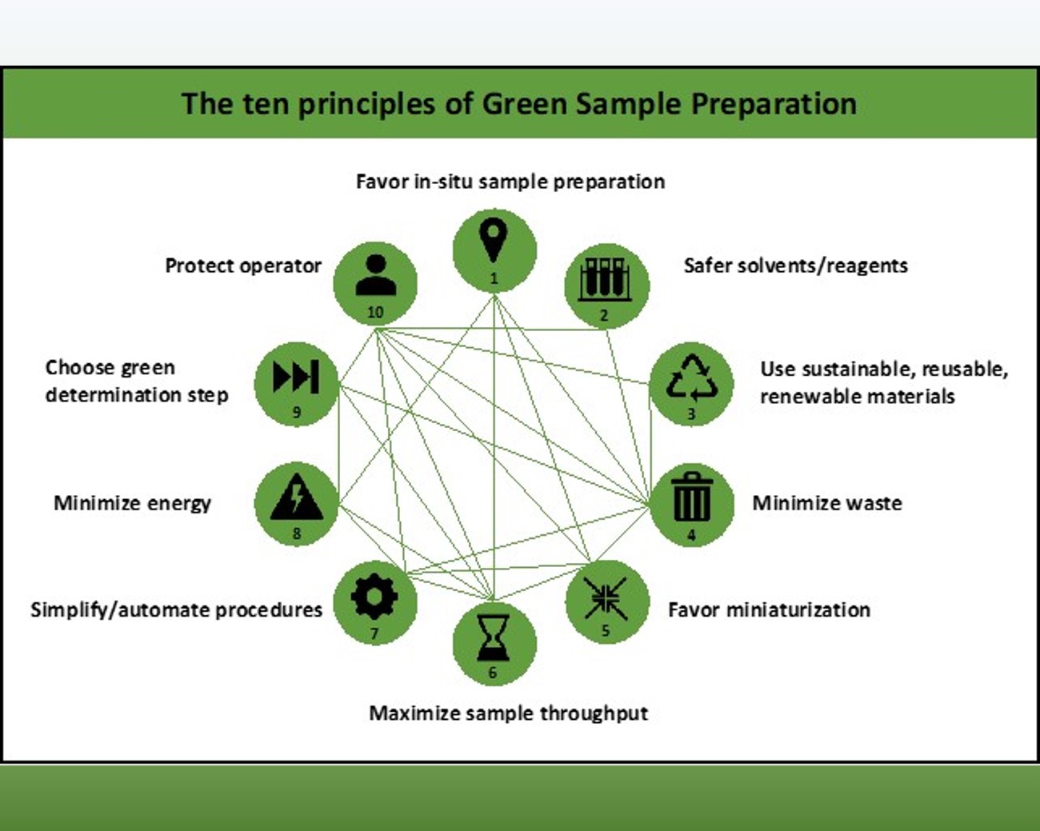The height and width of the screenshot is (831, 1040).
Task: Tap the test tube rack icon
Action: (605, 279)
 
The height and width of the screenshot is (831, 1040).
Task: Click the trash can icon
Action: (692, 497)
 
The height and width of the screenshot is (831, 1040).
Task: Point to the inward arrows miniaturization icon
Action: (606, 598)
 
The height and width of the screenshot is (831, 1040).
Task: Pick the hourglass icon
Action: (494, 637)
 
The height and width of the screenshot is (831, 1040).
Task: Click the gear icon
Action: (374, 597)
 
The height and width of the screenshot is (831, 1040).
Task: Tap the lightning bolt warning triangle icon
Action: (296, 497)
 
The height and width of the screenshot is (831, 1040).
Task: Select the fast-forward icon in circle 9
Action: (296, 377)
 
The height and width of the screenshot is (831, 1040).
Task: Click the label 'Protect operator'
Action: (243, 266)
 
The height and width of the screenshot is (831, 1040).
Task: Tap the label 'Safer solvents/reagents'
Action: (796, 266)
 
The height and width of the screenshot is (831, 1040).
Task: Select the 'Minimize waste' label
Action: (827, 503)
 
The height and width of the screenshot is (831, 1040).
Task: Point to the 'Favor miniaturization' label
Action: (770, 610)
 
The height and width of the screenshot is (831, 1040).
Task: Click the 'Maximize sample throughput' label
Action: (509, 714)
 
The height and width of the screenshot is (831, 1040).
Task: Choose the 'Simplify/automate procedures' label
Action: (176, 610)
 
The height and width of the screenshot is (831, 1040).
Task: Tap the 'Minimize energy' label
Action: (133, 504)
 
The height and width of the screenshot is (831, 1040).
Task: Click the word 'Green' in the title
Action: (524, 104)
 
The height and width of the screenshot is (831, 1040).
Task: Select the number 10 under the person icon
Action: (375, 313)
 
